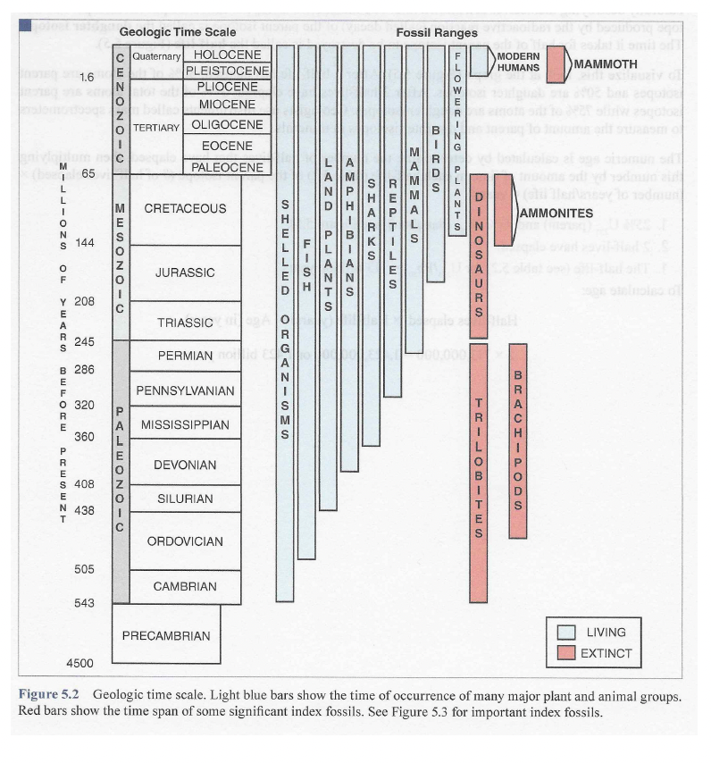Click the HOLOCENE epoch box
tap(227, 54)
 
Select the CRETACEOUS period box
tap(185, 209)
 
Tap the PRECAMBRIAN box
tap(165, 636)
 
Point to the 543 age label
tap(84, 603)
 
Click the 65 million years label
tap(88, 173)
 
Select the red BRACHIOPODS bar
tap(517, 440)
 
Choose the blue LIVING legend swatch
tap(565, 633)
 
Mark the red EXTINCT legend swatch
tap(565, 653)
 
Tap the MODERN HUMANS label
tap(518, 62)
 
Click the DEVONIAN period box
tap(185, 465)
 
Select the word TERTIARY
tap(157, 128)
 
